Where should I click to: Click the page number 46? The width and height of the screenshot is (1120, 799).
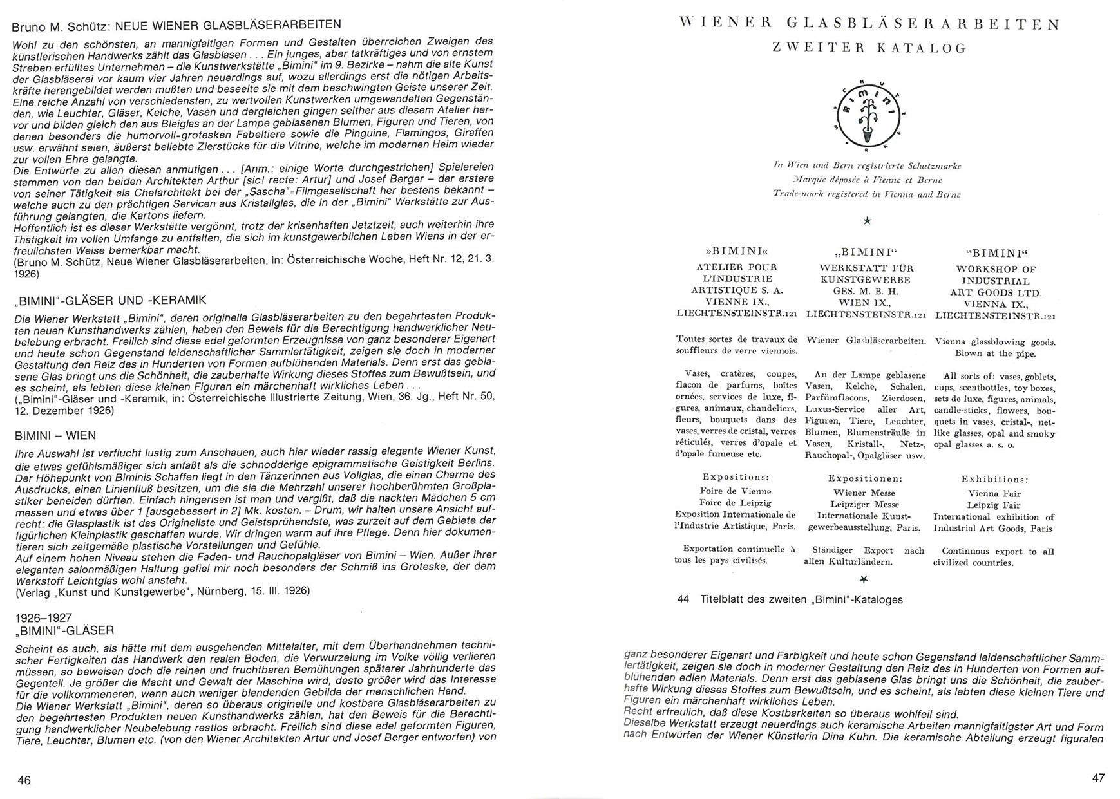[x=24, y=780]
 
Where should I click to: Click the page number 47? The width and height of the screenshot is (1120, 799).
[x=1098, y=778]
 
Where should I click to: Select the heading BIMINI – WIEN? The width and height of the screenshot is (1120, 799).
[x=55, y=436]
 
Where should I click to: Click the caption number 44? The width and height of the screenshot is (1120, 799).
[x=683, y=599]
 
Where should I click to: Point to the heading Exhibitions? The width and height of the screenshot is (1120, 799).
[x=994, y=480]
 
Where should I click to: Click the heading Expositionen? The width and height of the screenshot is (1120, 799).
[x=864, y=479]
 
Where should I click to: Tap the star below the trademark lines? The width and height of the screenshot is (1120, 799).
[x=867, y=221]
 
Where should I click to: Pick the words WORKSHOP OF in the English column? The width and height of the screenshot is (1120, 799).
[x=996, y=269]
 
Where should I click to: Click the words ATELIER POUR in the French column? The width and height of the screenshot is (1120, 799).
[x=736, y=267]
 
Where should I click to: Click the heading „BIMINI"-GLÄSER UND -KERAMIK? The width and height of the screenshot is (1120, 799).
[x=110, y=300]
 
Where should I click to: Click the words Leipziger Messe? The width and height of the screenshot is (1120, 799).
[x=864, y=504]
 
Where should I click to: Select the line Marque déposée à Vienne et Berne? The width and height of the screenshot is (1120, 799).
[x=868, y=180]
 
